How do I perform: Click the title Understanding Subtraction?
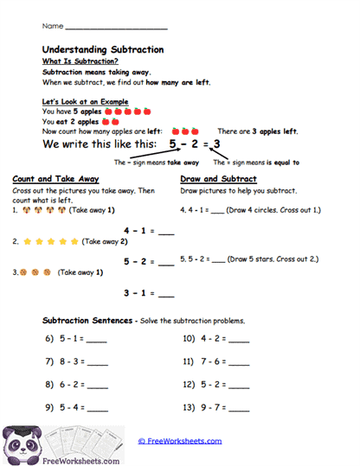(103, 50)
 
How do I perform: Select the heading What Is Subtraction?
(80, 61)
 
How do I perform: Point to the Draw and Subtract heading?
(218, 179)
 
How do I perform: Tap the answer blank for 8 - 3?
(98, 363)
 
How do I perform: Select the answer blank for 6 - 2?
(98, 386)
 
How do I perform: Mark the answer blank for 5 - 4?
(98, 408)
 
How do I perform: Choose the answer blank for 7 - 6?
(238, 363)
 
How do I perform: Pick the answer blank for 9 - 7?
(238, 408)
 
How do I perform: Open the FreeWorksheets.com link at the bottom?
(180, 441)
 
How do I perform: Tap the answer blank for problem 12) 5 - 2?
(238, 386)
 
